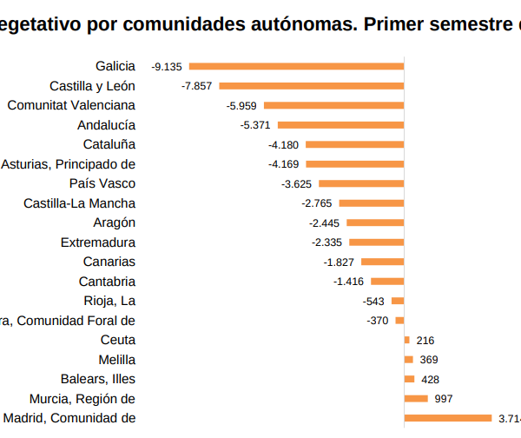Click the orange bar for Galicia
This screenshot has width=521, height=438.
[296, 66]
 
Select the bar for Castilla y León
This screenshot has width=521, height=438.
[312, 86]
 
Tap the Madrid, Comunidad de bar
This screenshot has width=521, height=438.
[447, 418]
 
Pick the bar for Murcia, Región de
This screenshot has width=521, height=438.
[416, 399]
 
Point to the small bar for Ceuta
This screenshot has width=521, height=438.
[406, 340]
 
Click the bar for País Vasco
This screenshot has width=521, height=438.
[361, 183]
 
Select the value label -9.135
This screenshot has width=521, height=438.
[166, 66]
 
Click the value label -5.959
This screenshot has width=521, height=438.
[241, 105]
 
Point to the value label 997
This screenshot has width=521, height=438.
[444, 399]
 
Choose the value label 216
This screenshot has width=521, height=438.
[425, 340]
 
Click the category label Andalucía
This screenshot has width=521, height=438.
[106, 124]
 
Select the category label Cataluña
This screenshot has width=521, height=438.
[109, 144]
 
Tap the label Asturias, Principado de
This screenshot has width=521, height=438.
[69, 163]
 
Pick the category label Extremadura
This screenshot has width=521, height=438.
[97, 242]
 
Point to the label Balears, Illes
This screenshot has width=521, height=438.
[97, 379]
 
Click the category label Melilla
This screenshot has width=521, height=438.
[117, 359]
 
